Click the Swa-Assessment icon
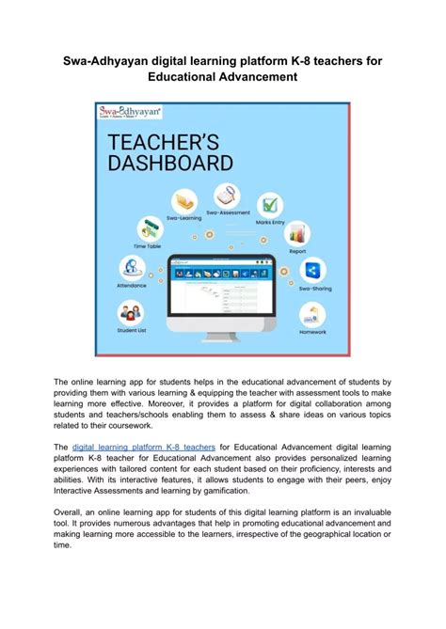(227, 197)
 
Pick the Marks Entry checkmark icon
(270, 204)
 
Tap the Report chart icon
(297, 233)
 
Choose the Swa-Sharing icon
(311, 272)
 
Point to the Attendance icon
(132, 268)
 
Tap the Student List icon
(131, 312)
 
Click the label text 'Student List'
(131, 330)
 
